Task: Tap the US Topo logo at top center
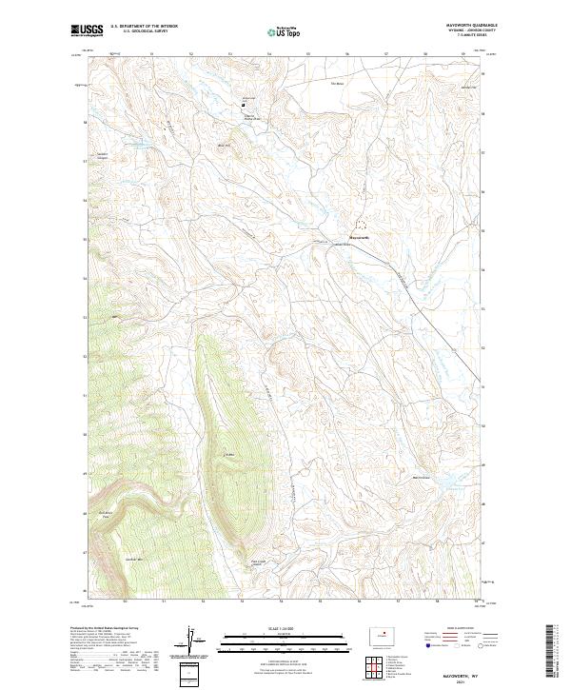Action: click(x=285, y=30)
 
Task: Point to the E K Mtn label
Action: click(x=228, y=456)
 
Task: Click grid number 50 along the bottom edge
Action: click(x=125, y=601)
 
